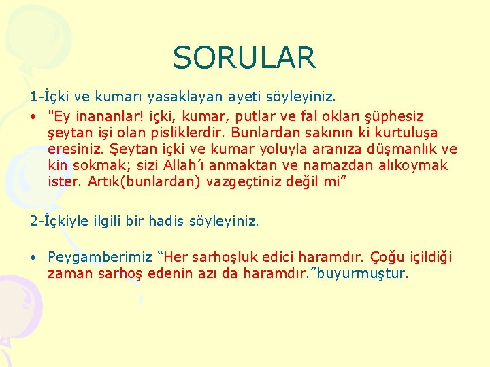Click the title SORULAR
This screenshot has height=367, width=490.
[244, 58]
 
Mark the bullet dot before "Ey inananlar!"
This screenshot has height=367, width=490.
[33, 117]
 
